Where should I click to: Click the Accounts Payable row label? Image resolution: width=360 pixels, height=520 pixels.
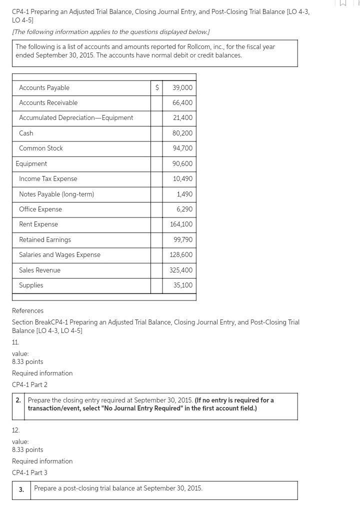[x=44, y=87]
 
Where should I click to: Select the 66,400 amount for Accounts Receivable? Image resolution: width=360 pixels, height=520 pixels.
[x=182, y=102]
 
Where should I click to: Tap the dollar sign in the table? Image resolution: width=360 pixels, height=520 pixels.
[x=157, y=87]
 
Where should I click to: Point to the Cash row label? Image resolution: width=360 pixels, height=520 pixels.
[x=26, y=133]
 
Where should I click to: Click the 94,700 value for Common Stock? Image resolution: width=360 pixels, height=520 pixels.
[x=182, y=148]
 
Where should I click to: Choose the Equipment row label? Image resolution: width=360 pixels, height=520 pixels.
[x=31, y=163]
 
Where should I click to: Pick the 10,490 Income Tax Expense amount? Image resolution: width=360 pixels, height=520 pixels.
[x=182, y=178]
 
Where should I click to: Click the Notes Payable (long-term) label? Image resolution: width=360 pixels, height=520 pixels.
[x=56, y=194]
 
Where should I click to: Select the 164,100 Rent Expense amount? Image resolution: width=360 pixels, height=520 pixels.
[x=181, y=224]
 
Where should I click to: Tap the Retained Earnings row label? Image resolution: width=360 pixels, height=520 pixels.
[x=45, y=239]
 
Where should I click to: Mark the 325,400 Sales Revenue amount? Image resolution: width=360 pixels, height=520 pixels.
[x=181, y=270]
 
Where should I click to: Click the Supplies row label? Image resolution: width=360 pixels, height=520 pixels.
[x=31, y=285]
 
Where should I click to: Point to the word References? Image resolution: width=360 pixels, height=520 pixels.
[x=27, y=310]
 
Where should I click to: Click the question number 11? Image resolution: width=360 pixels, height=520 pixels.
[x=15, y=342]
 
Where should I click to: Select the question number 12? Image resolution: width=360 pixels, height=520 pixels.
[x=15, y=430]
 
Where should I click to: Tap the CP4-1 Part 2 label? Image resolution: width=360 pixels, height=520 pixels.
[x=29, y=384]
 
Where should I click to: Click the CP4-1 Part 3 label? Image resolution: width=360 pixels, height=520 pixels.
[x=29, y=472]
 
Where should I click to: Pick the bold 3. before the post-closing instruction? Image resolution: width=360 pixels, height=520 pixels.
[x=21, y=489]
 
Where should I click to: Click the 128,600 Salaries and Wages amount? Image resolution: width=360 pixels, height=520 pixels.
[x=181, y=254]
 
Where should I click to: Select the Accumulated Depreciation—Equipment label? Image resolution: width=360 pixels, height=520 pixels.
[x=76, y=117]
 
